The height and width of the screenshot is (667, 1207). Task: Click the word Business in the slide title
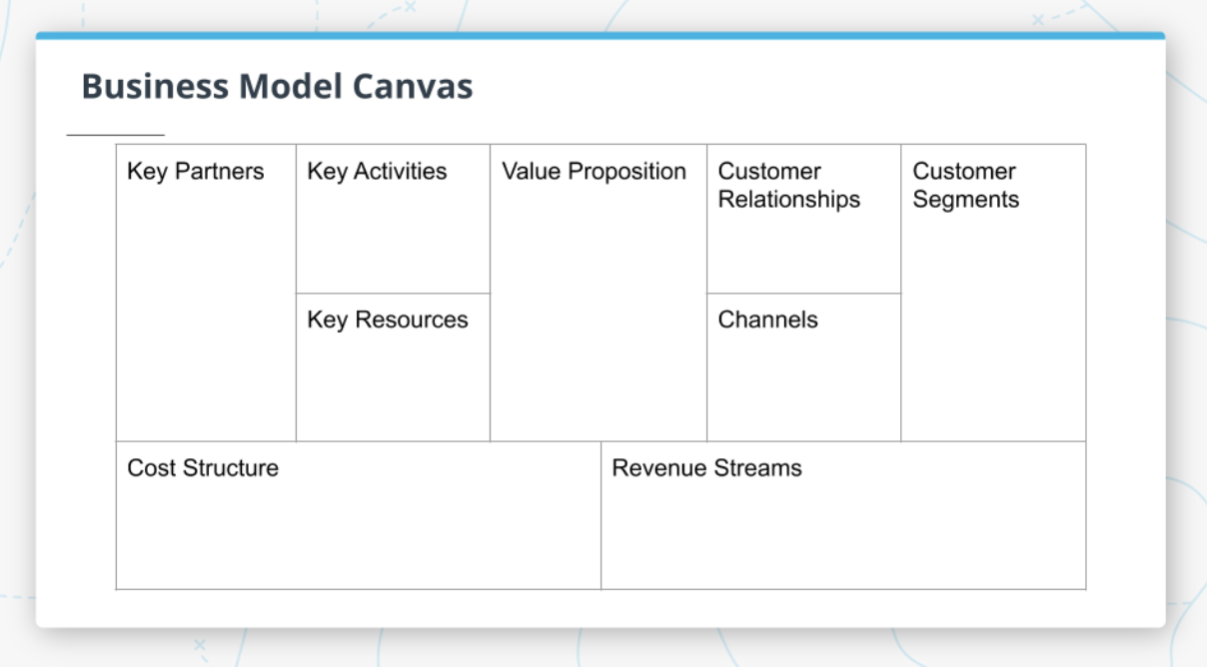click(x=155, y=86)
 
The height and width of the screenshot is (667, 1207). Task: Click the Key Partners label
click(x=196, y=172)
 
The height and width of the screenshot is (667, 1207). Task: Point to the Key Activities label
click(x=377, y=172)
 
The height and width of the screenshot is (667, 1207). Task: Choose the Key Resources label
click(x=388, y=321)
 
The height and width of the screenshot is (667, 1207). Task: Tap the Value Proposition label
click(x=594, y=172)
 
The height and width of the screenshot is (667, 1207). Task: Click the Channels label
click(x=767, y=321)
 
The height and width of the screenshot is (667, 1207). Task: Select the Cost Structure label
click(x=203, y=468)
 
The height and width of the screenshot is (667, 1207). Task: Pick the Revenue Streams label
click(x=706, y=468)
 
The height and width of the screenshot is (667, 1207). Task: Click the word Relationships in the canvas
click(x=788, y=200)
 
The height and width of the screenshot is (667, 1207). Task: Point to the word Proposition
click(x=626, y=172)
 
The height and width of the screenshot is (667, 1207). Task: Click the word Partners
click(x=219, y=172)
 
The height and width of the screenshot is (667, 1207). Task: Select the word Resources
click(x=411, y=321)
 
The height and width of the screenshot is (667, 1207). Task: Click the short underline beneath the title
click(x=115, y=134)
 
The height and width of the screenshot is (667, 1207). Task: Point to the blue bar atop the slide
click(x=600, y=36)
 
